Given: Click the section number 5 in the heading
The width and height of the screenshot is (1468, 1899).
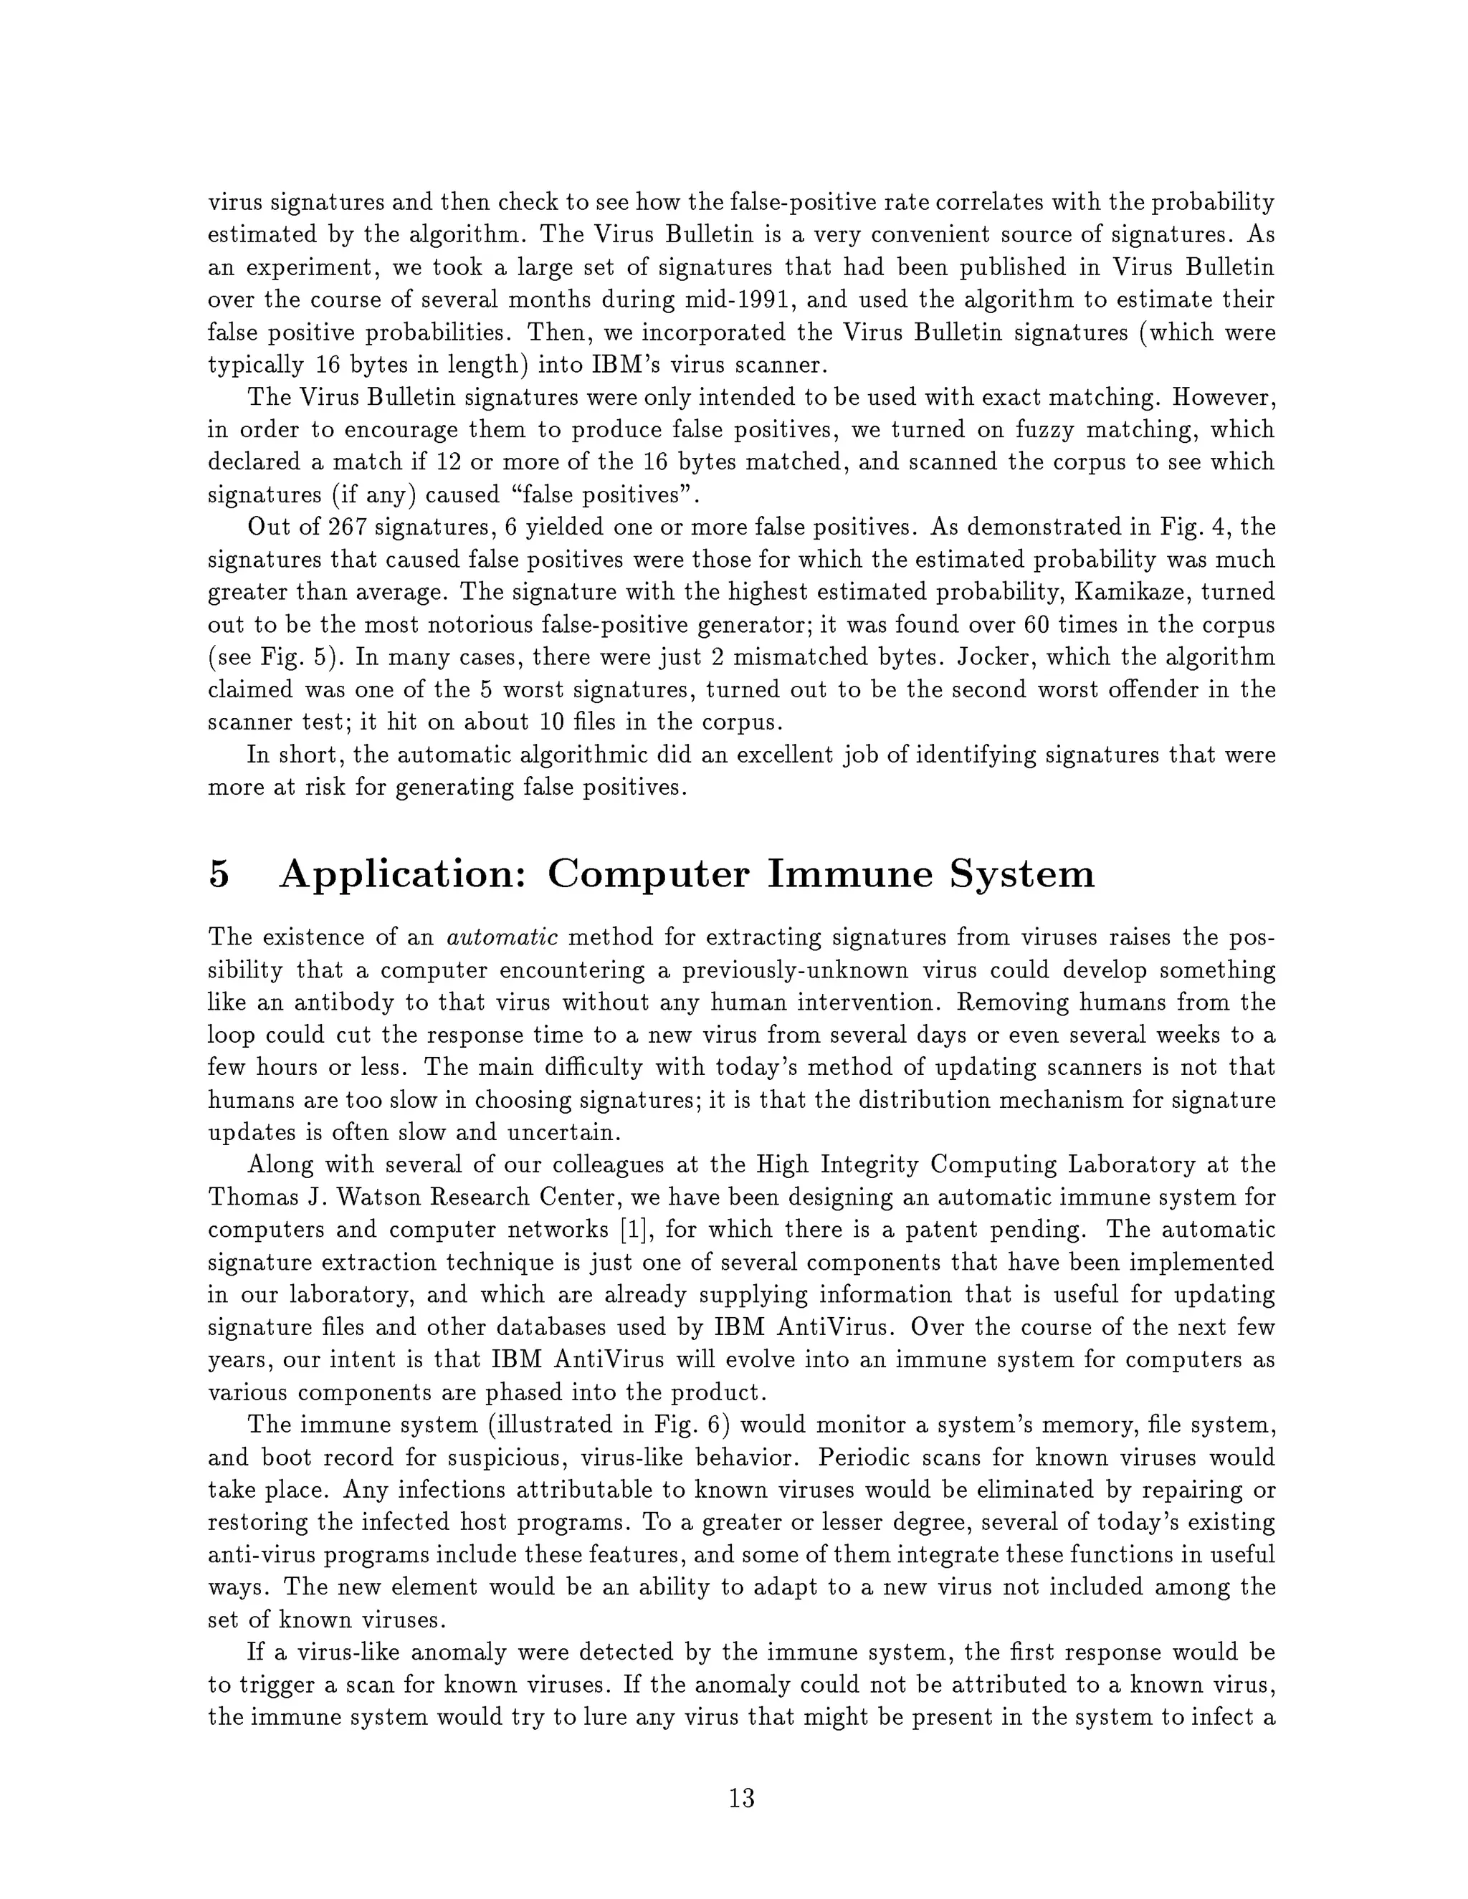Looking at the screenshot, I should coord(219,874).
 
